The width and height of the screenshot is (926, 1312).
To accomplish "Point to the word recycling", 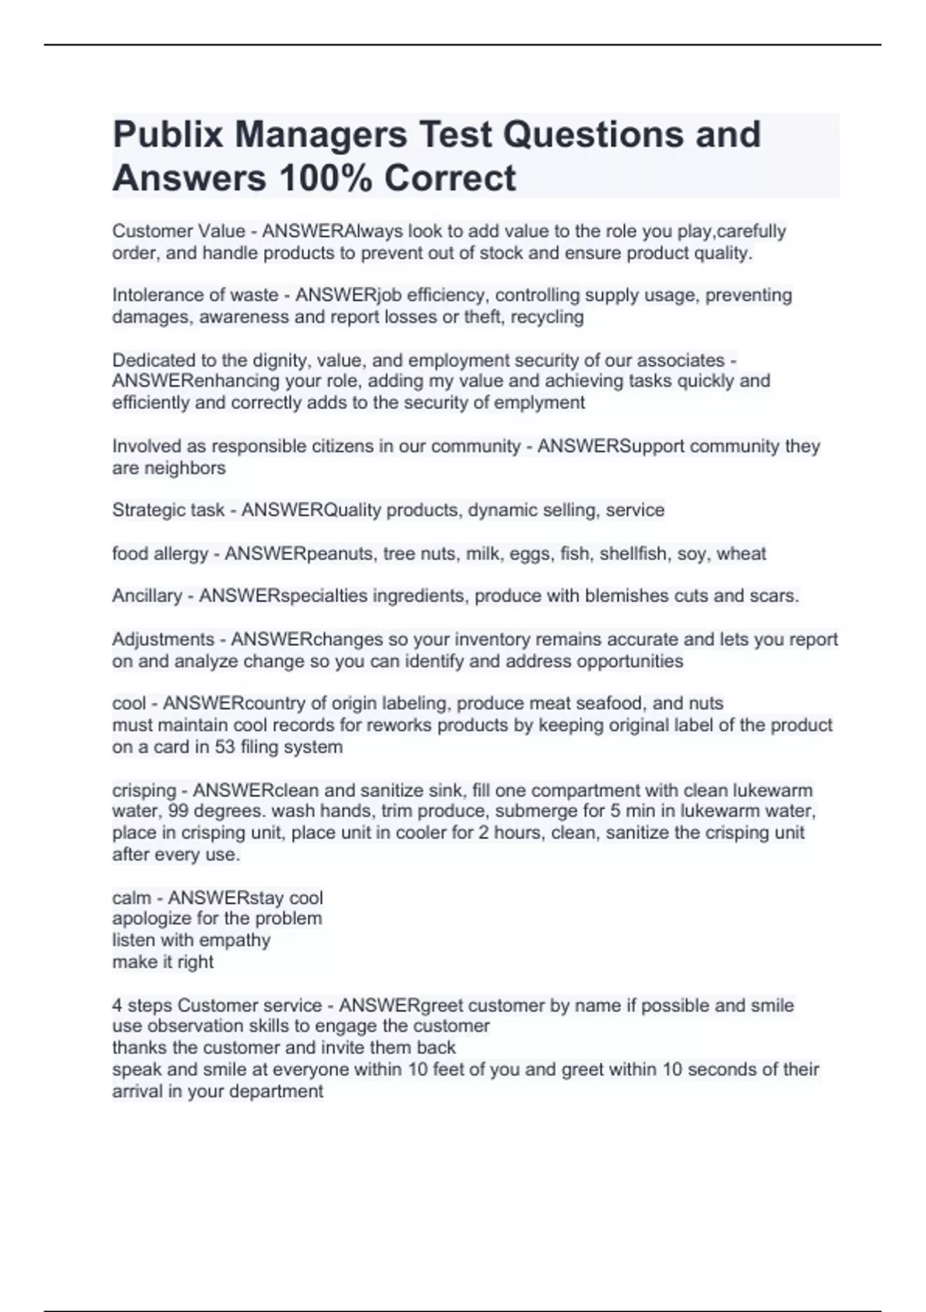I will click(547, 317).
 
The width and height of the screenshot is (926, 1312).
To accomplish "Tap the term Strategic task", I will click(168, 510).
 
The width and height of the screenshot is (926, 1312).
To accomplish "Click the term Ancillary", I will click(147, 596).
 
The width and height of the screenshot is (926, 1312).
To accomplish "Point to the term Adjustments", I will click(163, 640).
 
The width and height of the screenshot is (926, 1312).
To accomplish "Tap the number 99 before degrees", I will click(178, 811).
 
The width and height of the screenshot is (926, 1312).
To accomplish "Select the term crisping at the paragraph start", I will click(144, 790).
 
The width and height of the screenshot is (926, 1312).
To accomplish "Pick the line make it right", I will click(163, 962).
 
